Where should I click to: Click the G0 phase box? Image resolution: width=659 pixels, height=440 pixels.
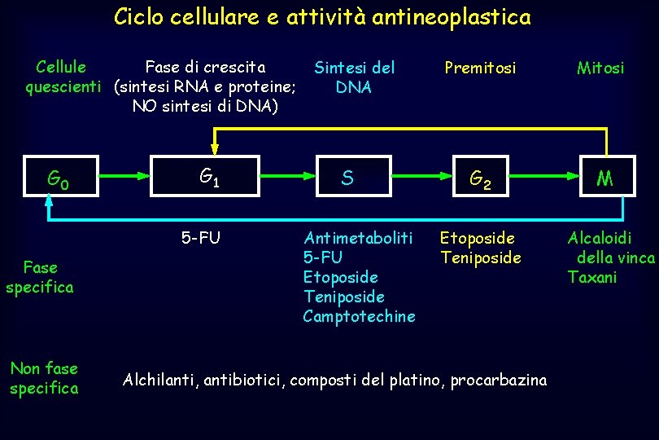pyautogui.click(x=57, y=178)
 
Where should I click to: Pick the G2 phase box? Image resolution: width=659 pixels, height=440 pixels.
pyautogui.click(x=482, y=178)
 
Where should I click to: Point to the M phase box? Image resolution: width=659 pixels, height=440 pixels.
pyautogui.click(x=604, y=178)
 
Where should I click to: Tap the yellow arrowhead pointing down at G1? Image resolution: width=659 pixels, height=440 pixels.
pyautogui.click(x=215, y=148)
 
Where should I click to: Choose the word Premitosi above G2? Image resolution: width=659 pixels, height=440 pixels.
pyautogui.click(x=480, y=68)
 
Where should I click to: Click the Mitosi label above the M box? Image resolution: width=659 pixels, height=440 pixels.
pyautogui.click(x=600, y=68)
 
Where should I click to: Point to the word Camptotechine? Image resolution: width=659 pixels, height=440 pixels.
pyautogui.click(x=359, y=316)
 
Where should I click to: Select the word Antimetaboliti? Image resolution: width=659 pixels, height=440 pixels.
pyautogui.click(x=358, y=238)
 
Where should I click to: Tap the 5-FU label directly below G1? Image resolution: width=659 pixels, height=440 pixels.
pyautogui.click(x=200, y=238)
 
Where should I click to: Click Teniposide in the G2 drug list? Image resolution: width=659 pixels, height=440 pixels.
pyautogui.click(x=480, y=257)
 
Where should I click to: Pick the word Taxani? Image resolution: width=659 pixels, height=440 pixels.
pyautogui.click(x=592, y=277)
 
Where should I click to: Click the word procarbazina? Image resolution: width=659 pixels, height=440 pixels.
pyautogui.click(x=498, y=380)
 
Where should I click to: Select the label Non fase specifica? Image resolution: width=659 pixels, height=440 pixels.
pyautogui.click(x=44, y=378)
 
